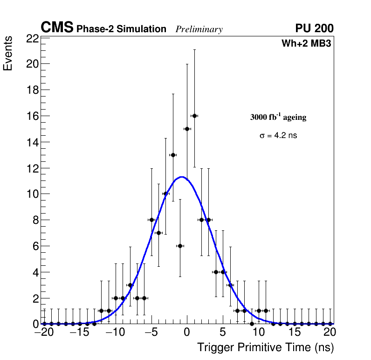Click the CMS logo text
(x=57, y=28)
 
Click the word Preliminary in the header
(x=199, y=29)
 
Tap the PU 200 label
(x=314, y=28)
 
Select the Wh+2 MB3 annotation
(x=306, y=44)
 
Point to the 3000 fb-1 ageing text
(x=278, y=118)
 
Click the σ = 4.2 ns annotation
(x=278, y=136)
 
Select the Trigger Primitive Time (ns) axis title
(x=265, y=347)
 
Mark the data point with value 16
(x=194, y=116)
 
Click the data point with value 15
(x=187, y=129)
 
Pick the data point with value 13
(x=173, y=155)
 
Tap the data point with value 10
(x=165, y=194)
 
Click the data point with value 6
(x=180, y=246)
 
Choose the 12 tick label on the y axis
(x=33, y=168)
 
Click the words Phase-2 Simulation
(x=121, y=29)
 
